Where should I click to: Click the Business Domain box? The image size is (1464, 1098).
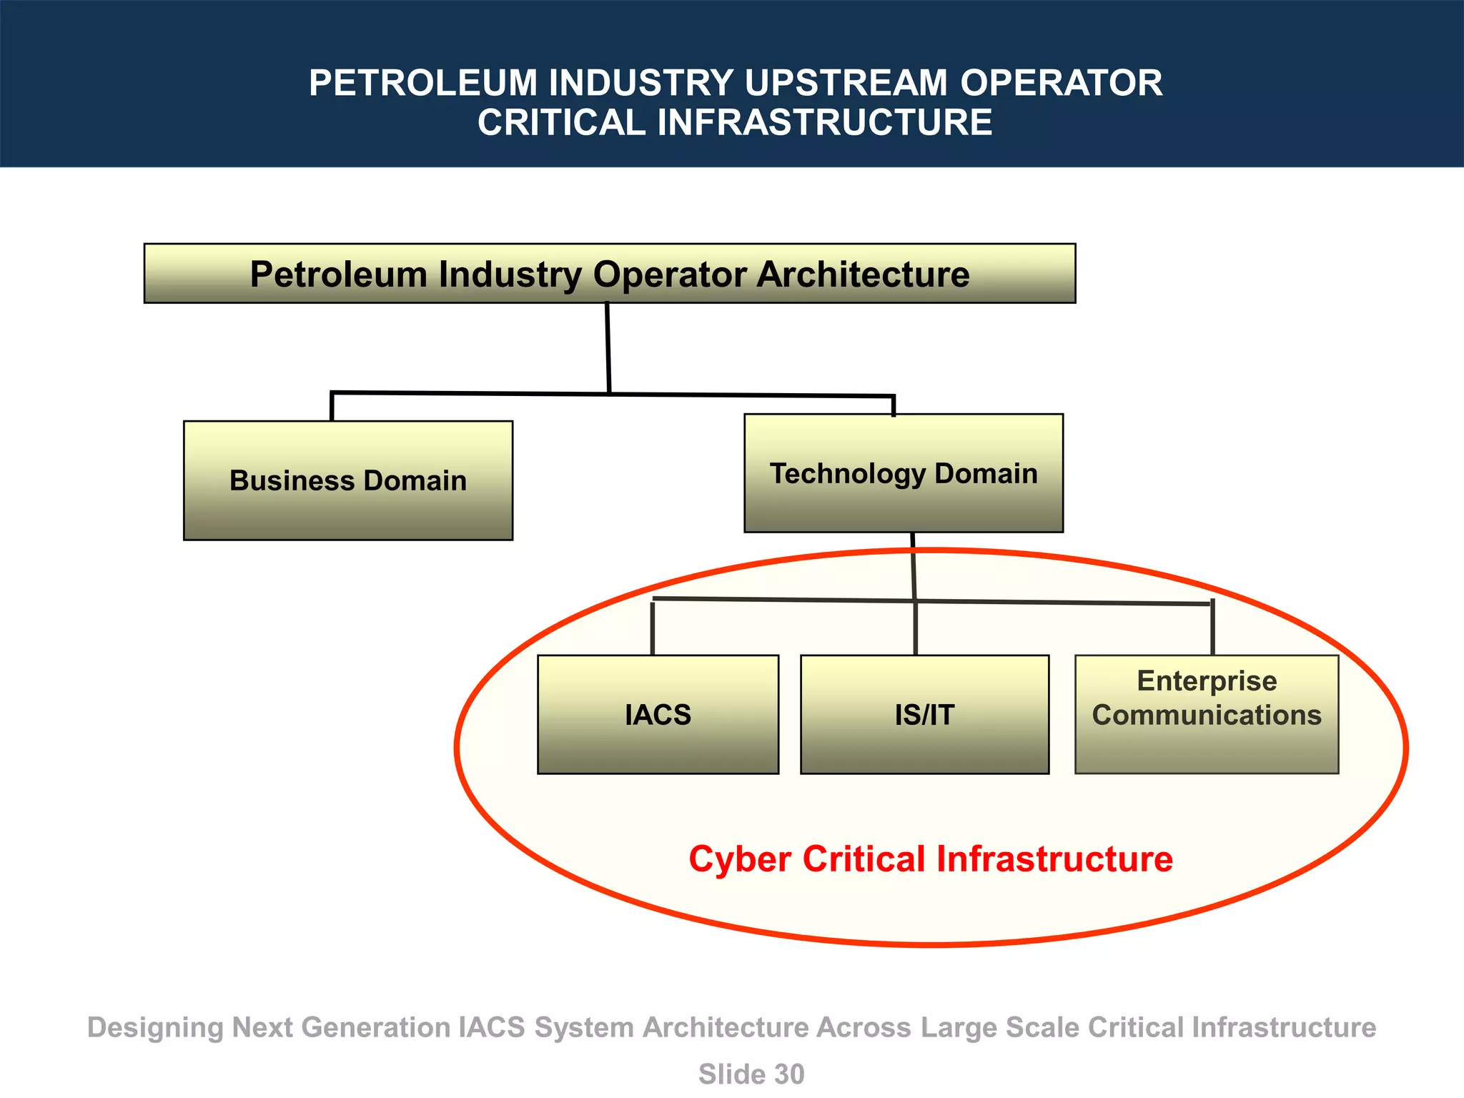click(348, 480)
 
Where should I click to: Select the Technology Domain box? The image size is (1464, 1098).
click(904, 473)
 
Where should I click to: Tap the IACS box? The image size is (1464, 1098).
click(658, 714)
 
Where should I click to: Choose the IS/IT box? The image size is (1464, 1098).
click(924, 714)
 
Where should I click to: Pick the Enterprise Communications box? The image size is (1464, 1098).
click(1207, 714)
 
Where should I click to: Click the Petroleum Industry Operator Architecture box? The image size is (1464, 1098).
click(609, 274)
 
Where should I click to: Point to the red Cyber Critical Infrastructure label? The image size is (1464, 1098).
click(930, 859)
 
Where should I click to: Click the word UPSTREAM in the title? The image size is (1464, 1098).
click(846, 83)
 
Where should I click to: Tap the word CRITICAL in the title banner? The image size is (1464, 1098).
click(562, 122)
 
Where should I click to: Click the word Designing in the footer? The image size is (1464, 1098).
click(155, 1027)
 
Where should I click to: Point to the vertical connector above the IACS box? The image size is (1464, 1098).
click(653, 628)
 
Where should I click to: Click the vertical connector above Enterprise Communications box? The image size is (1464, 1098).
click(1212, 628)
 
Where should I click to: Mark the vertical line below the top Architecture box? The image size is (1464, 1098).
click(608, 347)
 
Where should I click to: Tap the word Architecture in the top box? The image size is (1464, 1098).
click(863, 274)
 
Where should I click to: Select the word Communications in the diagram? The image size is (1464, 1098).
click(1207, 715)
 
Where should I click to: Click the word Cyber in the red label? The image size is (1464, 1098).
click(740, 859)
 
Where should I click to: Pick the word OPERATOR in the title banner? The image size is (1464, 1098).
click(1061, 83)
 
